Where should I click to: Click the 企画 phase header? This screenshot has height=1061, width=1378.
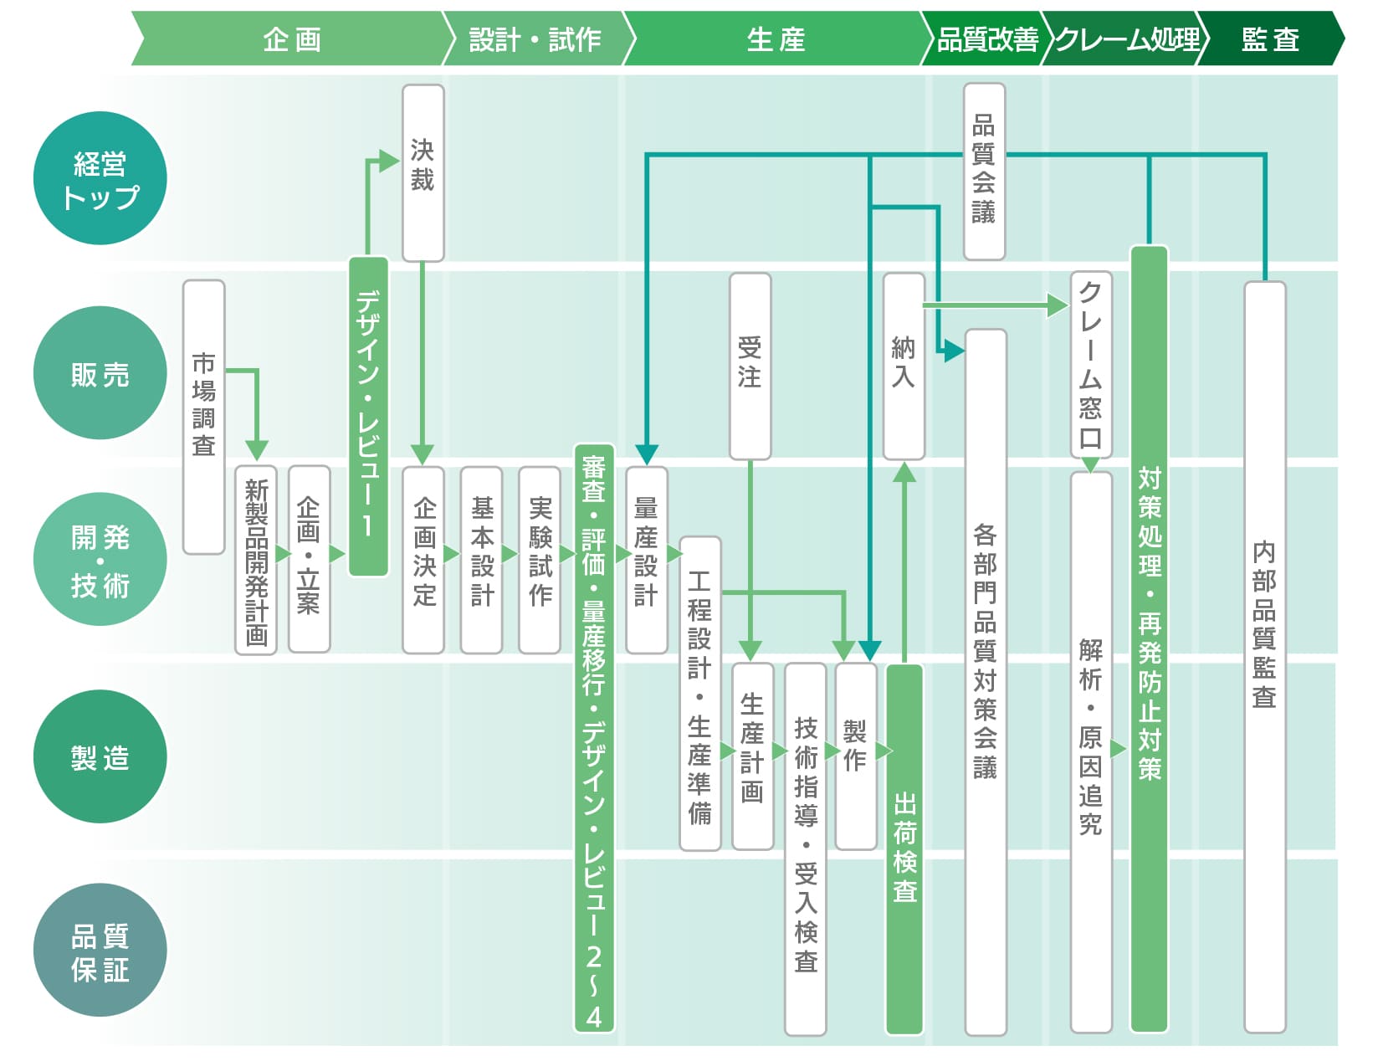(292, 38)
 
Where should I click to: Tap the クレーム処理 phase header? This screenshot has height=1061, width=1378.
(1127, 38)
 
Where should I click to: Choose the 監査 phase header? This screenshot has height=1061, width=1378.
(1270, 38)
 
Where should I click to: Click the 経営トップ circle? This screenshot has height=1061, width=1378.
(100, 178)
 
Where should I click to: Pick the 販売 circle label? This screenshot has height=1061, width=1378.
(100, 373)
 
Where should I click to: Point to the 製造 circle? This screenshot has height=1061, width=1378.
(100, 756)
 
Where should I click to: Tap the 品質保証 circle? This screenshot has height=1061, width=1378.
(100, 950)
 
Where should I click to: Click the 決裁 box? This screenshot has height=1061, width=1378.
(423, 172)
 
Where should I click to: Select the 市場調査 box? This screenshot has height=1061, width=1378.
(203, 418)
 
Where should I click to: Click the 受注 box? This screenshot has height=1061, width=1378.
(750, 366)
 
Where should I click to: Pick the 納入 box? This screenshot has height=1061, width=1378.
(904, 366)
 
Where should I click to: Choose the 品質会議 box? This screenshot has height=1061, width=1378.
(984, 172)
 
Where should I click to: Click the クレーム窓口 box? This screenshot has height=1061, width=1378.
(1091, 365)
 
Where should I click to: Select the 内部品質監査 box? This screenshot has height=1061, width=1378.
(1265, 657)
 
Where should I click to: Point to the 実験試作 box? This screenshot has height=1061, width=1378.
(540, 560)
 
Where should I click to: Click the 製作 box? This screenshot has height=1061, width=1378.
(856, 756)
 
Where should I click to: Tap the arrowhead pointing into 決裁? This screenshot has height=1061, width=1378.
(389, 161)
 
